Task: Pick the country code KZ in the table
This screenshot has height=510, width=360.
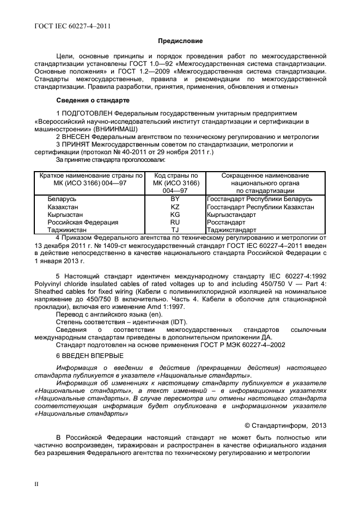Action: (175, 207)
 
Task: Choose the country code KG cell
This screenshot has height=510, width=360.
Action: (175, 215)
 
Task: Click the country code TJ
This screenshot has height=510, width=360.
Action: (175, 230)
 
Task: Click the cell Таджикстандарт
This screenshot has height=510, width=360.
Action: (231, 230)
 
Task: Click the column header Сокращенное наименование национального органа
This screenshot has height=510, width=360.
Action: (265, 183)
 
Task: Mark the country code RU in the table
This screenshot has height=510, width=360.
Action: (175, 222)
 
